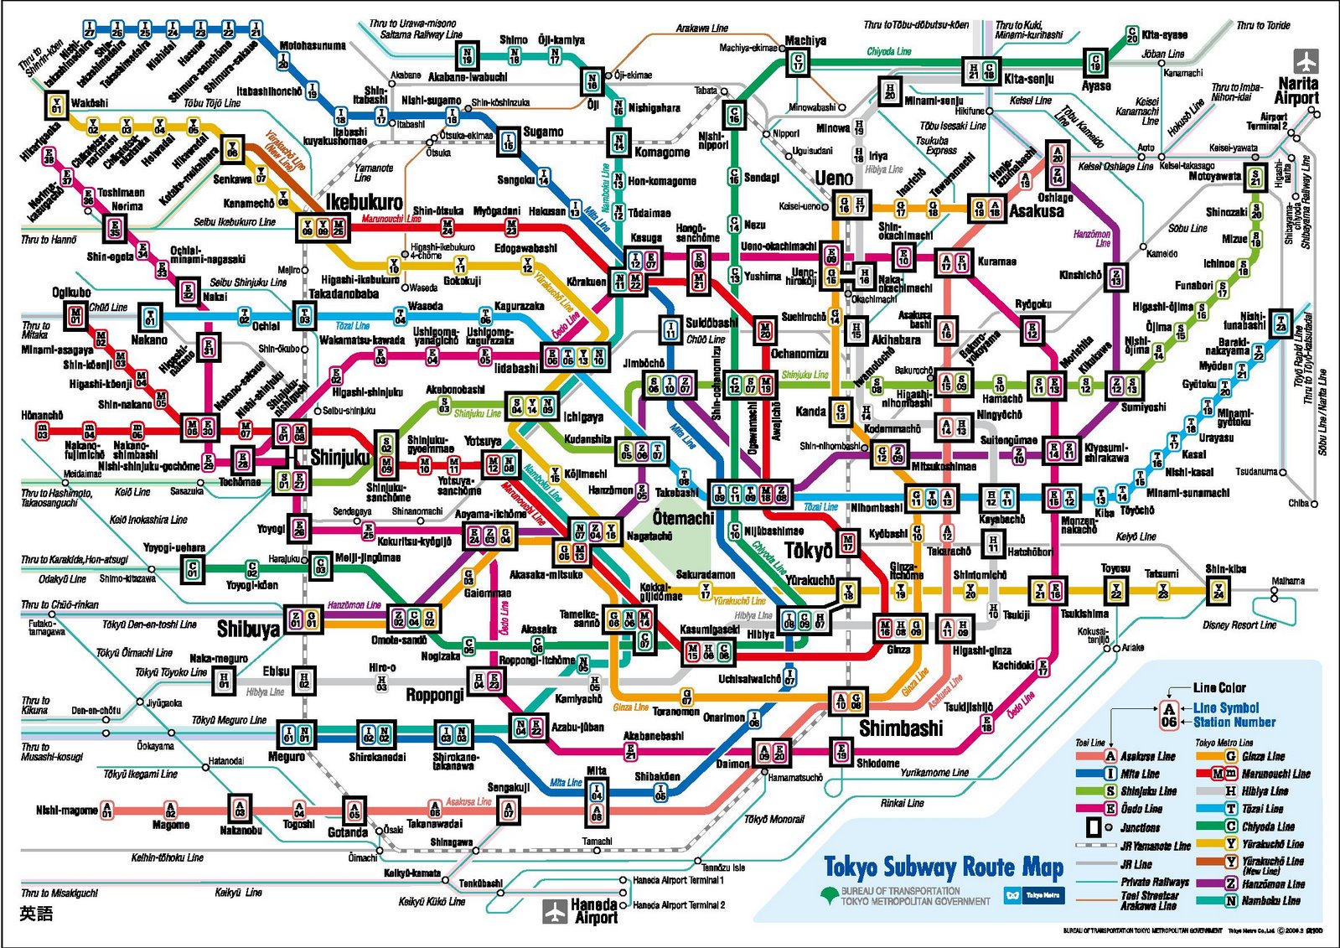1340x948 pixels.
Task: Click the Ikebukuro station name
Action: coord(364,202)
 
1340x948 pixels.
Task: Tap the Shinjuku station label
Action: coord(339,457)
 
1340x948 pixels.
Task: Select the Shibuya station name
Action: coord(248,629)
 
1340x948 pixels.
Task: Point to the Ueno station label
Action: coord(834,178)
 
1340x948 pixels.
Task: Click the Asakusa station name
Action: coord(1037,211)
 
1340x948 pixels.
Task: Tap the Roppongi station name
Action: coord(435,694)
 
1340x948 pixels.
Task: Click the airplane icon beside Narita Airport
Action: coord(1305,61)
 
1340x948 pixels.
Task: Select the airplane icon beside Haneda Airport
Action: coord(555,911)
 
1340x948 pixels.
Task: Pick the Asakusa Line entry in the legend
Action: coord(1147,756)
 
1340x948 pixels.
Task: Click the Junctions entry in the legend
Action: coord(1141,827)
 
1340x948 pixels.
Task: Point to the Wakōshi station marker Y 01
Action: coord(56,106)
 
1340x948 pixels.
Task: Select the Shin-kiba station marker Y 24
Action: coord(1218,592)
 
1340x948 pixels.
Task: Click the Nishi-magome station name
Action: coord(66,810)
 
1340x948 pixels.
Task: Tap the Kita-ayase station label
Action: coord(1164,34)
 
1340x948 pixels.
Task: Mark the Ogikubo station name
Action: coord(71,292)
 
